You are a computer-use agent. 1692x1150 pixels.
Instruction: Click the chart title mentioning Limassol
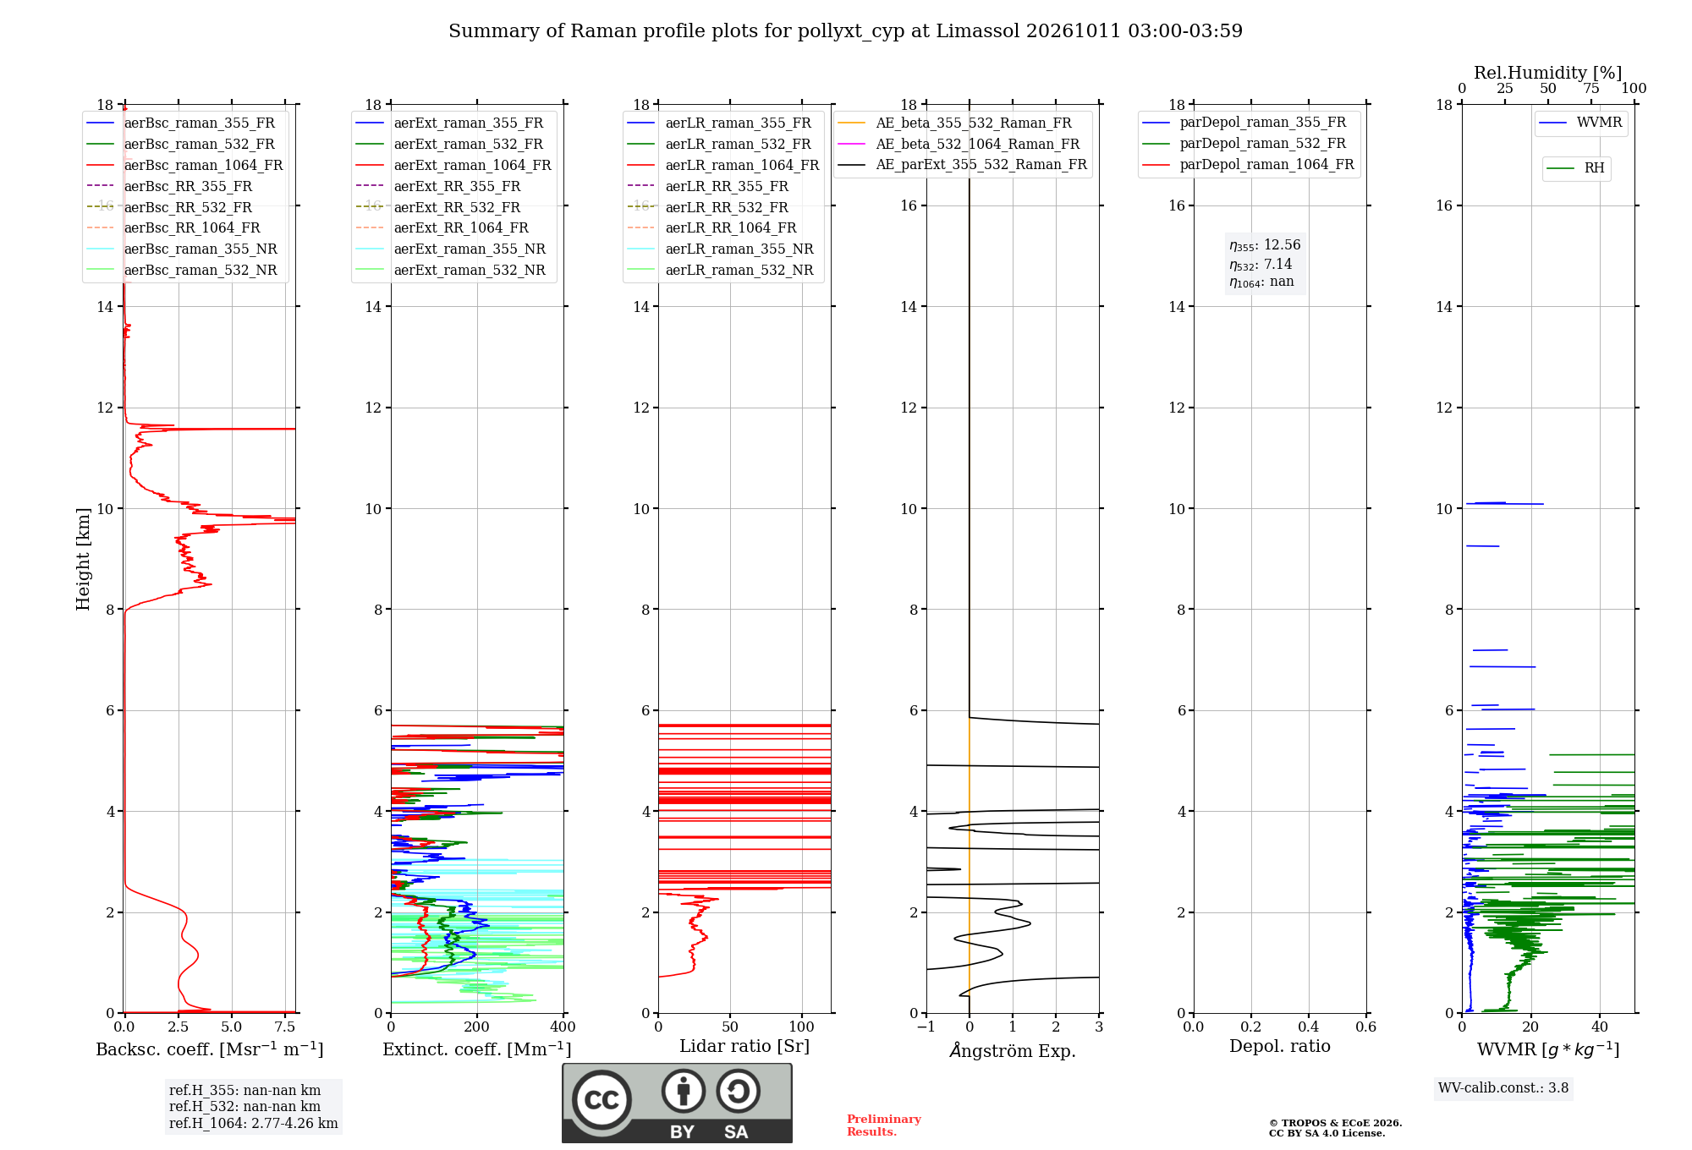[845, 31]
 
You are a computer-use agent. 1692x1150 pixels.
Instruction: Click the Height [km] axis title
[83, 559]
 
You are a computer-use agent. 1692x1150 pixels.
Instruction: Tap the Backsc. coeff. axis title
[210, 1049]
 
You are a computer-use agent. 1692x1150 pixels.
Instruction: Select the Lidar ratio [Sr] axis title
[744, 1047]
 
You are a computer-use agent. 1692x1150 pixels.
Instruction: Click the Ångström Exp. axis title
[1013, 1050]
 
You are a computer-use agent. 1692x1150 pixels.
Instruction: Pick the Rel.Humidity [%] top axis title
[1548, 73]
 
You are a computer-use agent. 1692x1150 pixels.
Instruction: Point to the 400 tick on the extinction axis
[563, 1027]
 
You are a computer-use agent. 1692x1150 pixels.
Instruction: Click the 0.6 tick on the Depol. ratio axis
[1365, 1027]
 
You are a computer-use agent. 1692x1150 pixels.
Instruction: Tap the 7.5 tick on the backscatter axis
[285, 1027]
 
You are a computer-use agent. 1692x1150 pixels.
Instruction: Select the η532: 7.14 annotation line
[1261, 265]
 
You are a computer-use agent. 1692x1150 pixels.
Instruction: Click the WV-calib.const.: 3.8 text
[1503, 1088]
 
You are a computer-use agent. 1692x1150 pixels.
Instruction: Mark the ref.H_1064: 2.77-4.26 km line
[253, 1124]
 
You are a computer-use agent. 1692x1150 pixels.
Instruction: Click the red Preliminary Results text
[884, 1125]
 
